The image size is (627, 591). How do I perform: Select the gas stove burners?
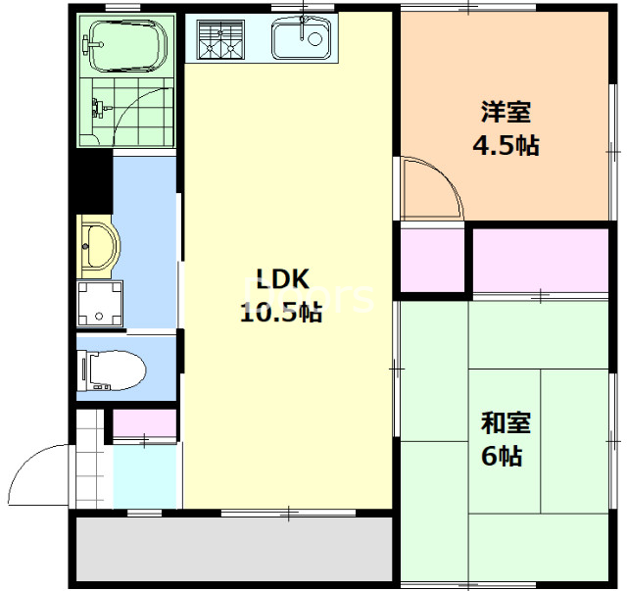[x=219, y=40]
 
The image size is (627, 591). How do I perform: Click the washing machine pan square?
[x=99, y=303]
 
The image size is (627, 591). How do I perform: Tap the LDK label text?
[x=283, y=279]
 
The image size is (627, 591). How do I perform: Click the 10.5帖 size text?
[x=282, y=314]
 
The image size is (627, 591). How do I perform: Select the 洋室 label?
[x=506, y=111]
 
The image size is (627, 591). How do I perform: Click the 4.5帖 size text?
[x=506, y=146]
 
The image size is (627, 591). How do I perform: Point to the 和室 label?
[x=506, y=422]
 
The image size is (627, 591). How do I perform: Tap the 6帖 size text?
[x=501, y=456]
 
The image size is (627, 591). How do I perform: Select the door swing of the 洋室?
[x=432, y=190]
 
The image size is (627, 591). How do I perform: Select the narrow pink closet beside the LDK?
[x=431, y=260]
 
